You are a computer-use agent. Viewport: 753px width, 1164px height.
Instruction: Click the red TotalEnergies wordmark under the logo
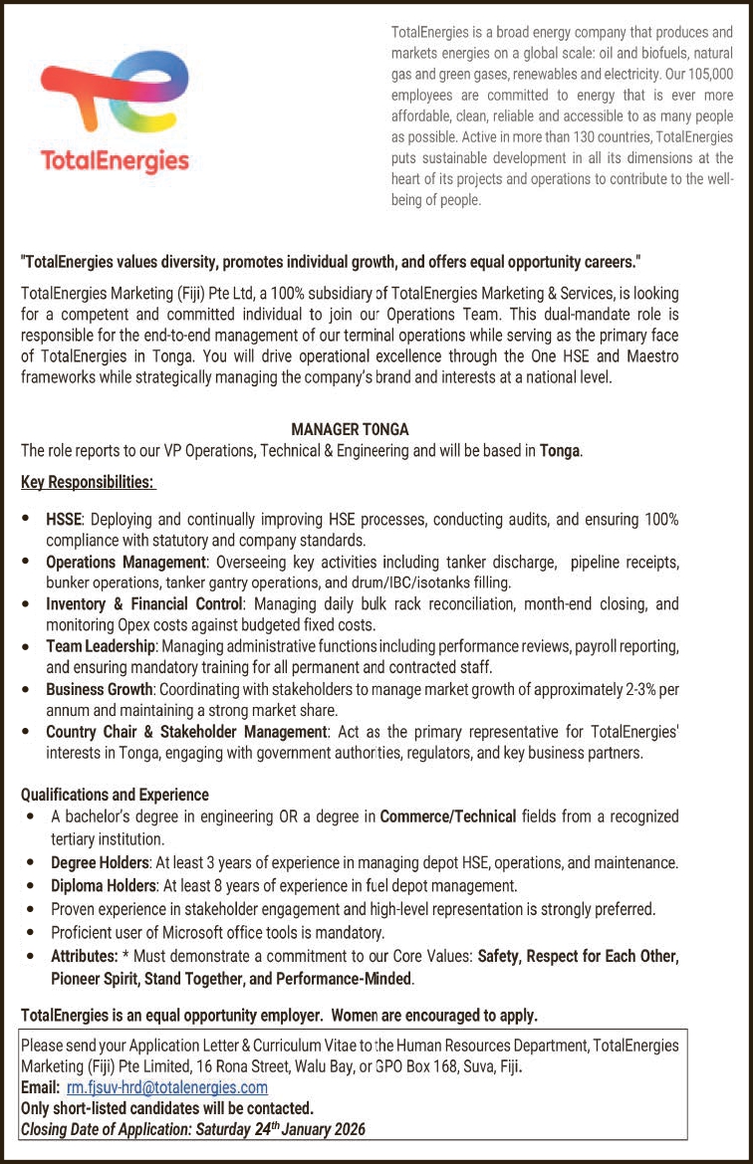114,160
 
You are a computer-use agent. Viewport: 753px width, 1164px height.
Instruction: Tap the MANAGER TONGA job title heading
350,429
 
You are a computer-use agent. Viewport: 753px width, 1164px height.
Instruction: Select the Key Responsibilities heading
88,483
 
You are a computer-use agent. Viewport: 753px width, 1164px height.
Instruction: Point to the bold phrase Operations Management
125,562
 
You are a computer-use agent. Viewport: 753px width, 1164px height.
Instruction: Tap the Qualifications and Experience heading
115,795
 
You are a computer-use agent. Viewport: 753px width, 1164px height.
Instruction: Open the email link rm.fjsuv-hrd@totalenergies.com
166,1088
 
